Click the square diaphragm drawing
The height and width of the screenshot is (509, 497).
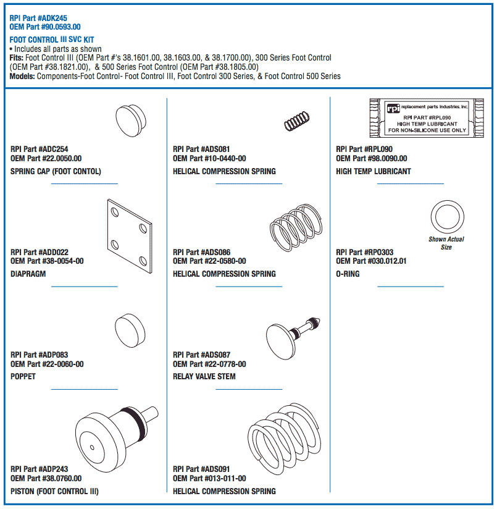point(129,235)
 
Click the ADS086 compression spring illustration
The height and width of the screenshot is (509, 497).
point(296,229)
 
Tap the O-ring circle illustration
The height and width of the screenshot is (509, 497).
point(446,216)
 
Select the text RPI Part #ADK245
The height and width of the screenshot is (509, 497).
point(38,19)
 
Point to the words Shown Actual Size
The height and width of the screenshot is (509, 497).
point(446,243)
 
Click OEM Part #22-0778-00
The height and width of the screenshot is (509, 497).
point(209,364)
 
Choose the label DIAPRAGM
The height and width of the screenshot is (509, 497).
point(28,274)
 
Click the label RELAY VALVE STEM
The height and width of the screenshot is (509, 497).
point(204,376)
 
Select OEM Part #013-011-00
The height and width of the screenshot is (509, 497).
point(209,479)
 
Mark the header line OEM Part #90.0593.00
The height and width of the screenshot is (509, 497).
point(45,27)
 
